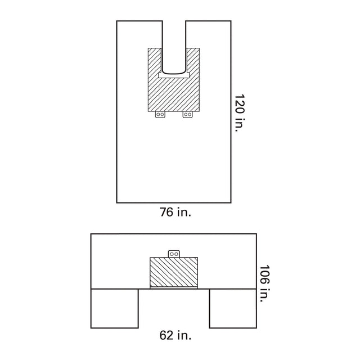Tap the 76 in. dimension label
pos(174,213)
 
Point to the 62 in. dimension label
pos(174,336)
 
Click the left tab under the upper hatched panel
pos(160,114)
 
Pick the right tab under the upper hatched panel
pos(188,114)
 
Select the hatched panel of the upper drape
pos(174,93)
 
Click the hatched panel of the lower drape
pos(174,272)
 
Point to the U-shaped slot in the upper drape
pos(174,45)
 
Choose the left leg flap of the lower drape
pos(115,308)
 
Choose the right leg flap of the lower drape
pos(233,308)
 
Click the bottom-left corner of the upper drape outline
pos(117,202)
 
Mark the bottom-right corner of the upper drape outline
pos(231,202)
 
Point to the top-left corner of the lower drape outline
pos(91,234)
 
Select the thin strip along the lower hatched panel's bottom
pos(174,288)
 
